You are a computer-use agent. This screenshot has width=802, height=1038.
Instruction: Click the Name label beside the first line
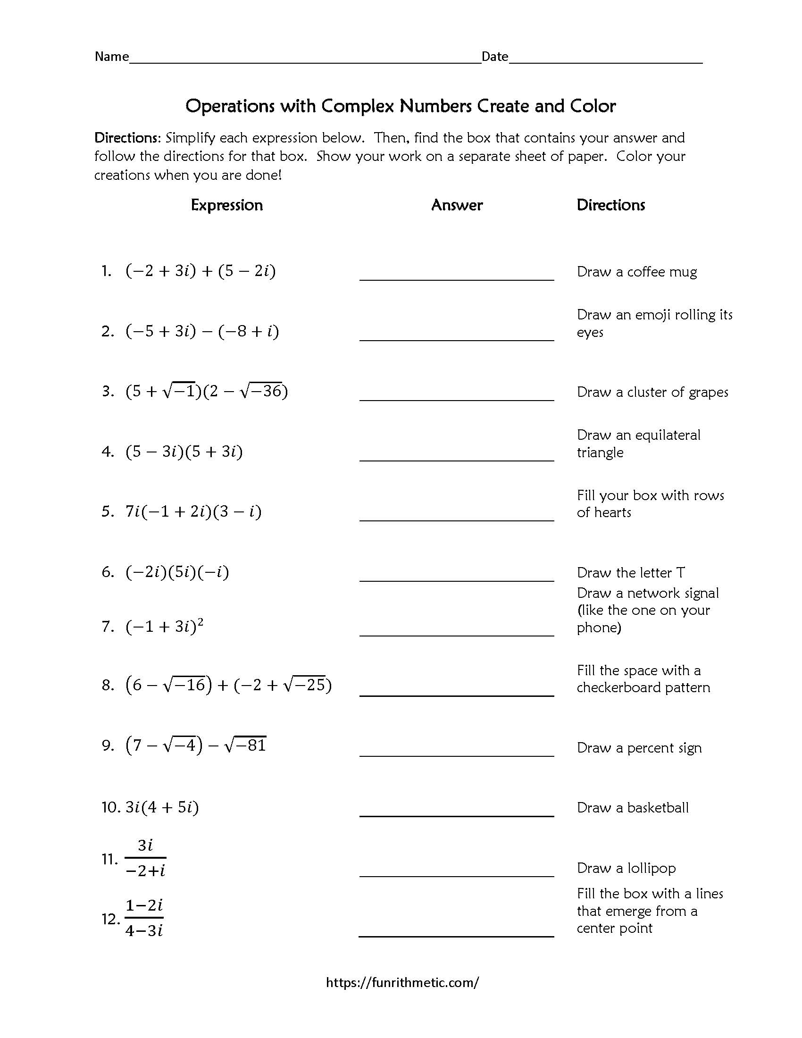(x=112, y=57)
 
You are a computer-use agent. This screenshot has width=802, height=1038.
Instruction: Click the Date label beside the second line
(x=494, y=57)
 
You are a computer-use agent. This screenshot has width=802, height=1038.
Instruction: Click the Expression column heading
(x=226, y=205)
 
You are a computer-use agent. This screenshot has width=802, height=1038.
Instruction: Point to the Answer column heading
(x=457, y=205)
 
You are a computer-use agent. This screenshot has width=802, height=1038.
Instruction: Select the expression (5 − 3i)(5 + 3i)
(x=184, y=451)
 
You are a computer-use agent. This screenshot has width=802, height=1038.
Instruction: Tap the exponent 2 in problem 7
(x=200, y=622)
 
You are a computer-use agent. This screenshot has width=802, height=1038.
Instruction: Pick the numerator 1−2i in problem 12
(x=144, y=905)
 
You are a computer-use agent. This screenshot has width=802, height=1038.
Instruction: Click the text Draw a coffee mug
(x=637, y=272)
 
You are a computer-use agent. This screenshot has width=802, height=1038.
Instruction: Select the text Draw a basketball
(x=632, y=807)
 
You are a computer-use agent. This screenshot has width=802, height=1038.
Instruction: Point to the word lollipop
(x=652, y=868)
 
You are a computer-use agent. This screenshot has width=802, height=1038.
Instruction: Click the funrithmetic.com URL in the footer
(x=402, y=982)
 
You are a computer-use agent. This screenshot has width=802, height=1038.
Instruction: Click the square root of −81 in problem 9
(x=246, y=745)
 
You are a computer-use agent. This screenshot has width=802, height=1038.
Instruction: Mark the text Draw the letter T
(x=630, y=573)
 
